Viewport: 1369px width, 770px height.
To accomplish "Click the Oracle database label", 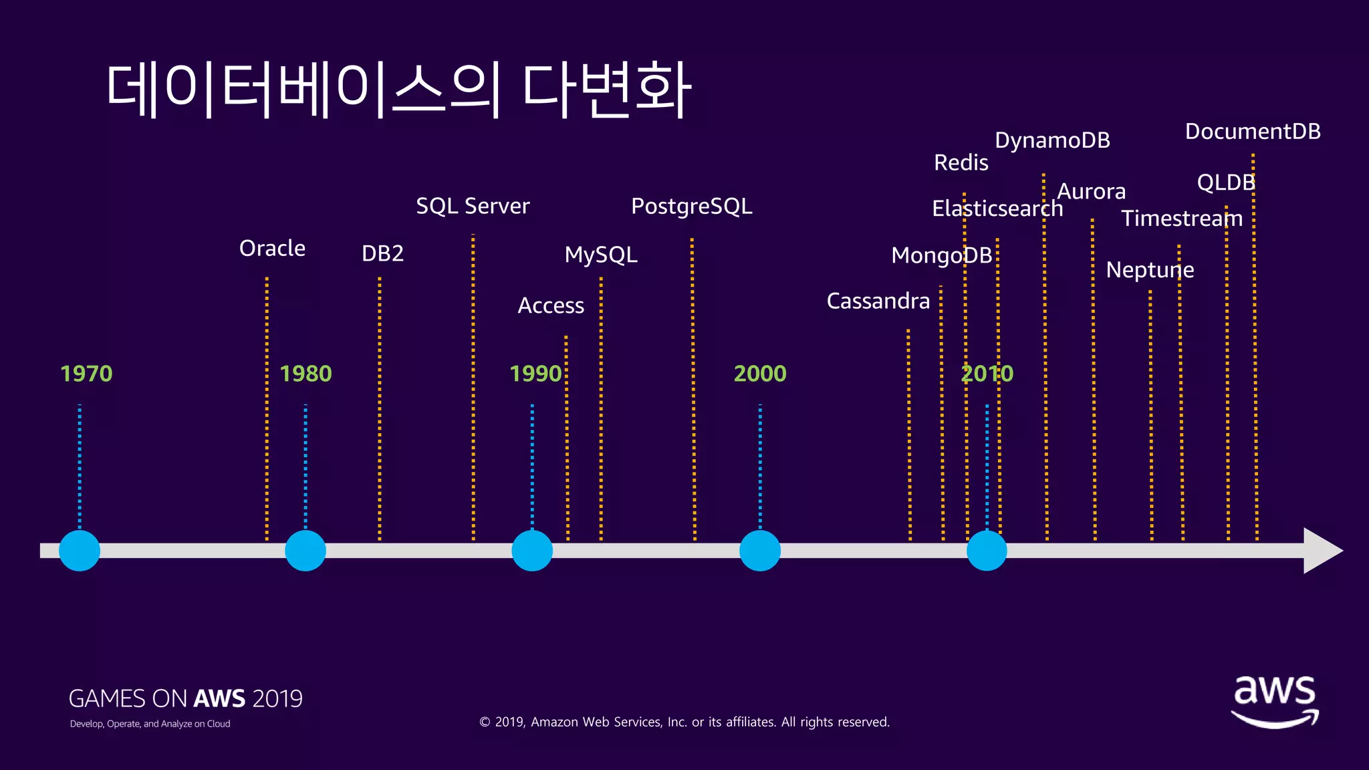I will tap(272, 248).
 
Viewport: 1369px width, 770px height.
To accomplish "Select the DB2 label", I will tap(382, 253).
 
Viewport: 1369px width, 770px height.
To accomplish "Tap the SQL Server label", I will tap(473, 206).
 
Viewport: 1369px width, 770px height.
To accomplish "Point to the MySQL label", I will tap(601, 255).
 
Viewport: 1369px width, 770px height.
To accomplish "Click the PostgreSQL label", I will tap(691, 207).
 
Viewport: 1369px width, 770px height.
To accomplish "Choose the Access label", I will tap(551, 305).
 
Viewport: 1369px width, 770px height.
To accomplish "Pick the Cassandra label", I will tap(878, 301).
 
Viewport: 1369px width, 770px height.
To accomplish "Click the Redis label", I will tap(961, 162).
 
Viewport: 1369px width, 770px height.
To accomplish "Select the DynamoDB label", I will tap(1052, 140).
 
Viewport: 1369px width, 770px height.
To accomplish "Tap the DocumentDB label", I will tap(1253, 132).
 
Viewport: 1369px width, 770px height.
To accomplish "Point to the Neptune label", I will tap(1150, 270).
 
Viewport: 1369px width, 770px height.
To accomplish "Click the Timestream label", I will tap(1182, 219).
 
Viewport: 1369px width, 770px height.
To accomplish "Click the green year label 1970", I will tap(86, 374).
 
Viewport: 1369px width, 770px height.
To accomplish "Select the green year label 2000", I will tap(760, 374).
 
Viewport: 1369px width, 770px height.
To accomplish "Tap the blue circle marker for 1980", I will tap(305, 551).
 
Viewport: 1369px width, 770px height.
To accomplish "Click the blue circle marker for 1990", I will tap(532, 551).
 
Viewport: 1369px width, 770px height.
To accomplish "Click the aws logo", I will tap(1275, 700).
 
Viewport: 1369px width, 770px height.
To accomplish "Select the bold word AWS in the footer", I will tap(219, 698).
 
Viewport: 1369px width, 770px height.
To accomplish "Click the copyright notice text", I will tap(684, 722).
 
